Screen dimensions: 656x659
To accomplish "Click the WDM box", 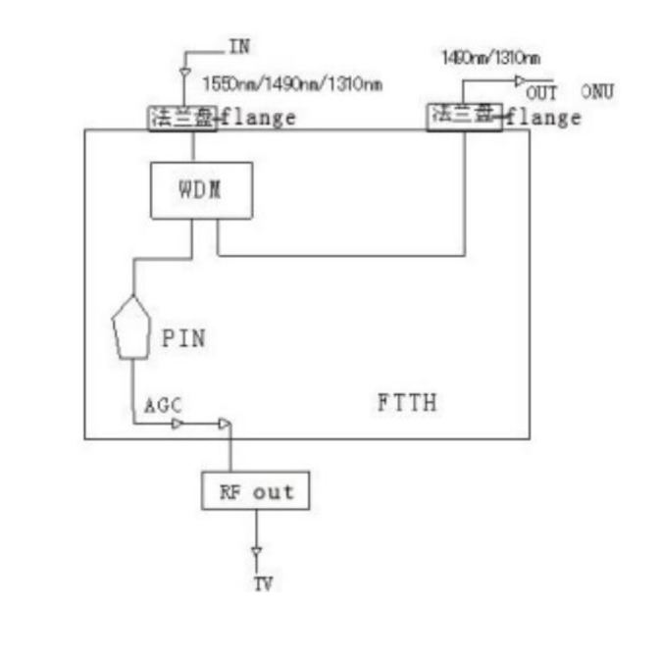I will (200, 189).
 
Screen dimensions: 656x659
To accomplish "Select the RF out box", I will (255, 490).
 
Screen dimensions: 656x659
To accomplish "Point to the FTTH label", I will (406, 402).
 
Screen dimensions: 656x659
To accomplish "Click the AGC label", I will (163, 406).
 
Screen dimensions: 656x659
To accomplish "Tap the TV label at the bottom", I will (263, 584).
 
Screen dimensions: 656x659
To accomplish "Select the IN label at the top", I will (238, 46).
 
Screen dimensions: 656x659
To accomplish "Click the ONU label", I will (596, 92).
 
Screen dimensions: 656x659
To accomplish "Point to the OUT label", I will (541, 94).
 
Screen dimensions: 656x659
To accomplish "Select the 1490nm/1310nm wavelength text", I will (490, 59).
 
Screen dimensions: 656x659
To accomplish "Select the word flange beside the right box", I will (542, 118).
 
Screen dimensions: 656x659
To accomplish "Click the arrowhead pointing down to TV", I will (256, 554).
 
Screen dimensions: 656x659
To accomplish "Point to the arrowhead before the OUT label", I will (521, 81).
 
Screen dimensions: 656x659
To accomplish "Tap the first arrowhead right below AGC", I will (177, 425).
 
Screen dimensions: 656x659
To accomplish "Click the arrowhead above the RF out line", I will (225, 425).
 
